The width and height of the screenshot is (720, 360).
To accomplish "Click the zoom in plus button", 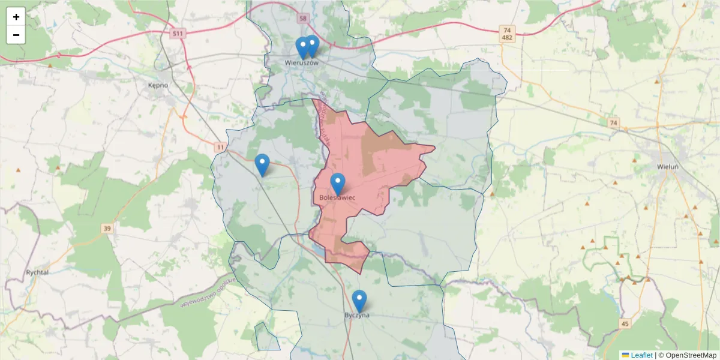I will point(16,17).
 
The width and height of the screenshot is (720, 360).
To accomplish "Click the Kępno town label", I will point(158,85).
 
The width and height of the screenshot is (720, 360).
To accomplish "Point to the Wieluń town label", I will point(668,167).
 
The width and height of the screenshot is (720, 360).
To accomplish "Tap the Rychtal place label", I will point(37,272).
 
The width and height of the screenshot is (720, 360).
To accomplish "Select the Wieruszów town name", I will point(301,62).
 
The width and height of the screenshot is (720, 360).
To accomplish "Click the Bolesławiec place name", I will point(337,197).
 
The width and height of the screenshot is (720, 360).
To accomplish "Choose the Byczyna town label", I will point(357,315).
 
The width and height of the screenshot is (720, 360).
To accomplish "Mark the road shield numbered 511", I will point(177,34).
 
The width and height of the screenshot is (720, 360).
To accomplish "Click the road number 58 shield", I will point(302,19).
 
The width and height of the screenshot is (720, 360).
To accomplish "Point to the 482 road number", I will point(508,38).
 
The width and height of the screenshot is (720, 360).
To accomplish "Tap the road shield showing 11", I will point(221,147).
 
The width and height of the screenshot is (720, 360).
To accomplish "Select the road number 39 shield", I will point(107,229).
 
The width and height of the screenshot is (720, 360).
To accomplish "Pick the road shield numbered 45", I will point(625,324).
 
